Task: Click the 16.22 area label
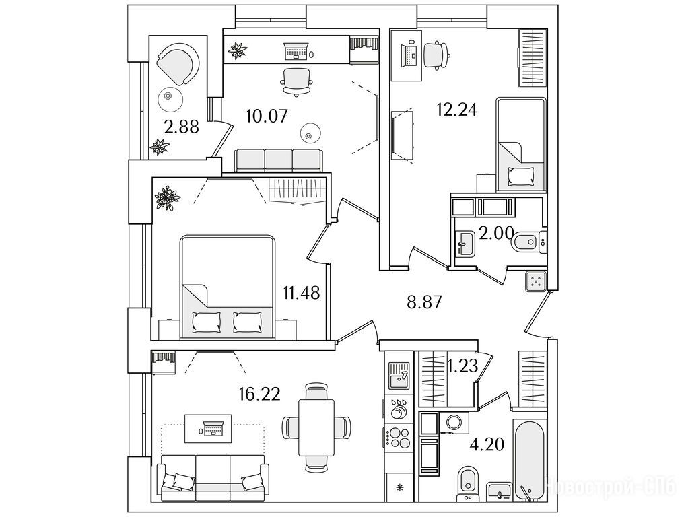(x=259, y=394)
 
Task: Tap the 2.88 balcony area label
(x=182, y=127)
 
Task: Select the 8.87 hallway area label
(x=424, y=302)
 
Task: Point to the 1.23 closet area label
(x=462, y=366)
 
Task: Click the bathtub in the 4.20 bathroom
(x=530, y=460)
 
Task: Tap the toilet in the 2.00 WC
(x=528, y=242)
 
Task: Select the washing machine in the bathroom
(x=452, y=423)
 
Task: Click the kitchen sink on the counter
(x=399, y=375)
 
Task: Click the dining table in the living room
(x=316, y=427)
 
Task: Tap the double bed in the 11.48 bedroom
(x=228, y=287)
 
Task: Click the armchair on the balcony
(x=178, y=64)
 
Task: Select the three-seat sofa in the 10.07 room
(x=279, y=160)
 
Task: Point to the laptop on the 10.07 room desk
(x=297, y=50)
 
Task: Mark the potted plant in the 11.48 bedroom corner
(x=167, y=198)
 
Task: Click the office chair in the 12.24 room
(x=436, y=55)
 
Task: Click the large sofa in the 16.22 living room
(x=213, y=477)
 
